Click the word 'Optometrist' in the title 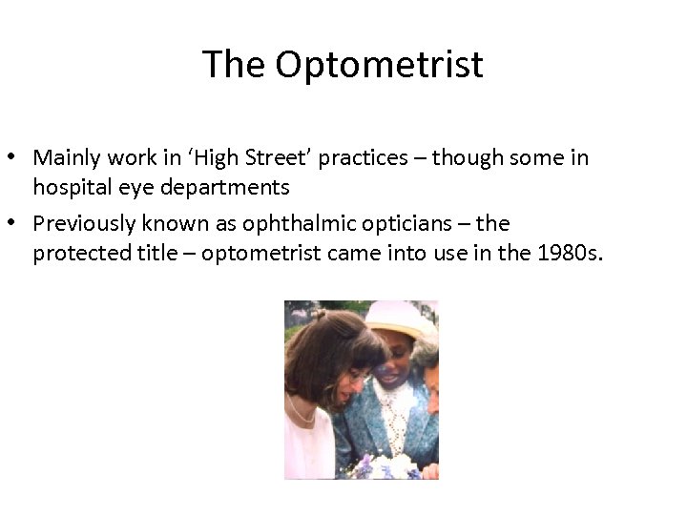[x=380, y=65]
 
